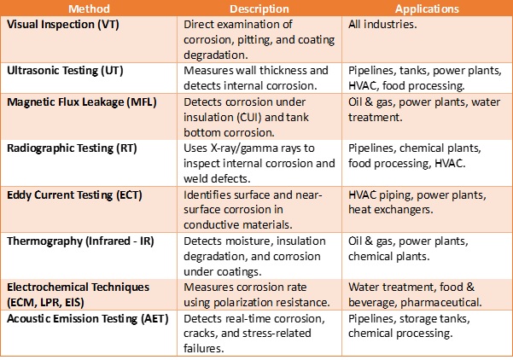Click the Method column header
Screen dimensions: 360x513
tap(90, 9)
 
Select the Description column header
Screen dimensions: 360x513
tap(259, 9)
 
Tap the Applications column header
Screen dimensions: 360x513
tap(427, 9)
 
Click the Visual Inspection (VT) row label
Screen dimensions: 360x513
tap(62, 25)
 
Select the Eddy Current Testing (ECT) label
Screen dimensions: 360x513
tap(74, 195)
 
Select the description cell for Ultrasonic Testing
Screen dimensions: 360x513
tap(256, 78)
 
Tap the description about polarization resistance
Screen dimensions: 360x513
tap(256, 294)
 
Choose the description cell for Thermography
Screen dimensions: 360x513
tap(256, 257)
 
